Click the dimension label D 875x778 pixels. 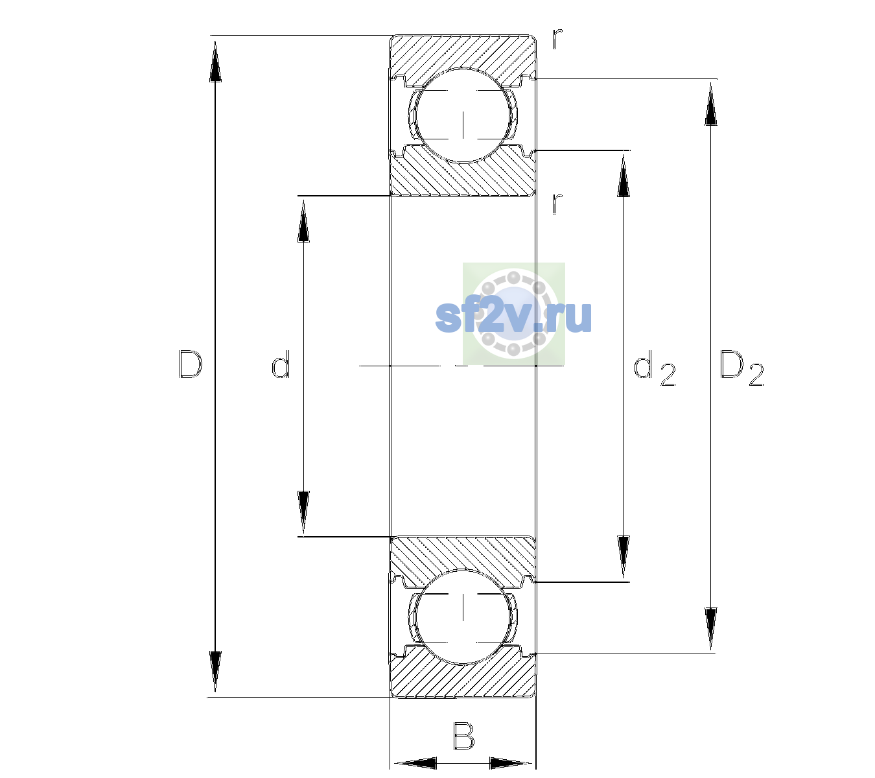(190, 364)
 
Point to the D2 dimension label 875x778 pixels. (741, 368)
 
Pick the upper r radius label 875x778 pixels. (557, 38)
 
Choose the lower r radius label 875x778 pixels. (557, 204)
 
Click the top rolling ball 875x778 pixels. (463, 115)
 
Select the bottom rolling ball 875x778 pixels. (463, 616)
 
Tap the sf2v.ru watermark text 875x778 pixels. (513, 316)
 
